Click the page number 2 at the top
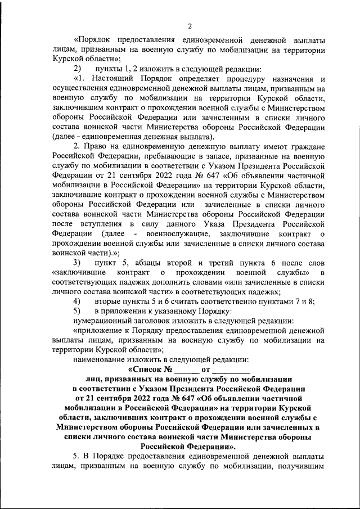click(x=190, y=26)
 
